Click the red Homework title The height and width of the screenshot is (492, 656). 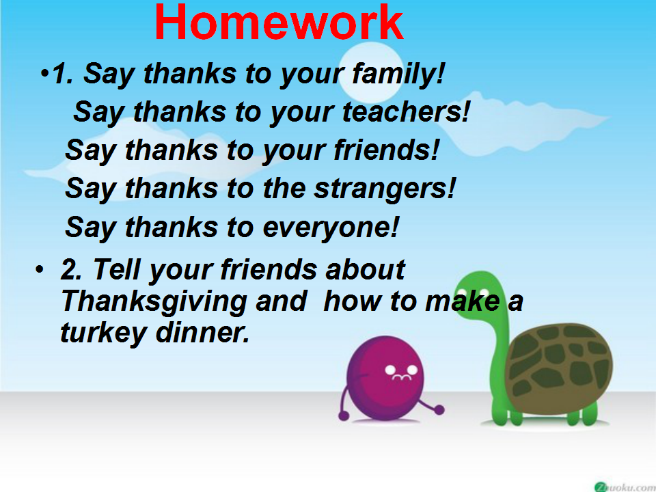coord(279,22)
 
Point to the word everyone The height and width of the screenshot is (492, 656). coord(331,228)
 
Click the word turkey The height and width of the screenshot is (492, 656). coord(102,333)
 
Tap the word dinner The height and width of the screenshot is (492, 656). coord(202,333)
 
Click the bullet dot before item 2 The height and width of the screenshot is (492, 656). coord(40,269)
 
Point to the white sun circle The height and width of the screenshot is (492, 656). coord(370,72)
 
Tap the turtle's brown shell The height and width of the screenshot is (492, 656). coord(558,368)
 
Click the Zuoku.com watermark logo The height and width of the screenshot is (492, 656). coord(625,486)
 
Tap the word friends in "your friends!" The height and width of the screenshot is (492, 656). coord(386,150)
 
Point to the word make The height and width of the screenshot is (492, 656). coord(462,301)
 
